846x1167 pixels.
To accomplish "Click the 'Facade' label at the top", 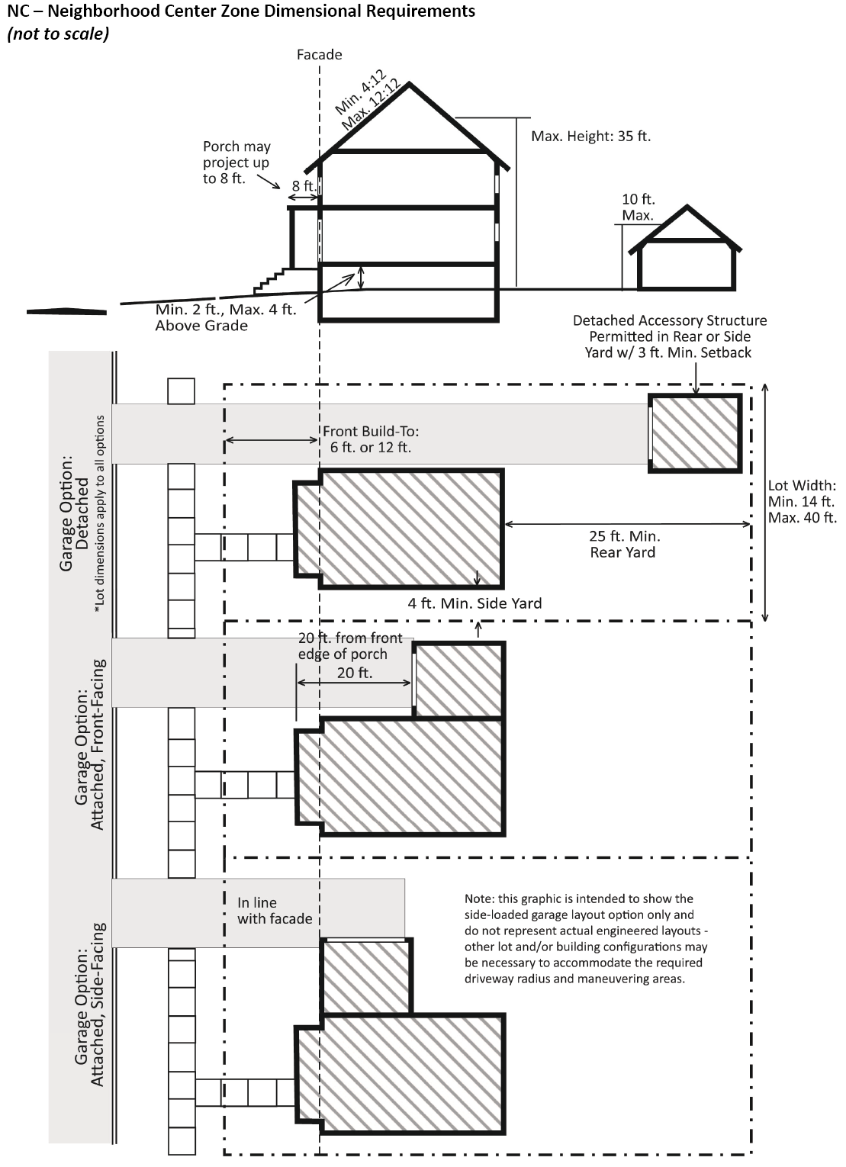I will pos(319,54).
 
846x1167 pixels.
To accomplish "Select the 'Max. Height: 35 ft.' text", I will pos(590,137).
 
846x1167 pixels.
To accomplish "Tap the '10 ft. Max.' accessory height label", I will pos(638,207).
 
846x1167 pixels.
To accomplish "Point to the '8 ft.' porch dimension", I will pos(304,185).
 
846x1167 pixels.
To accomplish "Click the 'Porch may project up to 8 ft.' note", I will pos(236,162).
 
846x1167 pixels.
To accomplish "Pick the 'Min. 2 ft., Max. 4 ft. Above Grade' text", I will pos(225,318).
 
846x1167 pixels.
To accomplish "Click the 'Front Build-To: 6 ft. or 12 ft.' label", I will pos(371,439).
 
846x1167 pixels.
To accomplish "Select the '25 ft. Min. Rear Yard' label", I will pos(624,544).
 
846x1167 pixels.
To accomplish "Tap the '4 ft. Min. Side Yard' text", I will pos(474,603).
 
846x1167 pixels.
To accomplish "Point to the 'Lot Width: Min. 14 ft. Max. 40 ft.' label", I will pos(802,502).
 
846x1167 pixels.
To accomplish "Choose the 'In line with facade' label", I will pos(274,911).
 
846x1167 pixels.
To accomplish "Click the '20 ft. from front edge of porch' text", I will pos(349,646).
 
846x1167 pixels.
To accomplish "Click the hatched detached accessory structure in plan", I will pos(695,433).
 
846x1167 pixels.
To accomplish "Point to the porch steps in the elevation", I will pos(269,281).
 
